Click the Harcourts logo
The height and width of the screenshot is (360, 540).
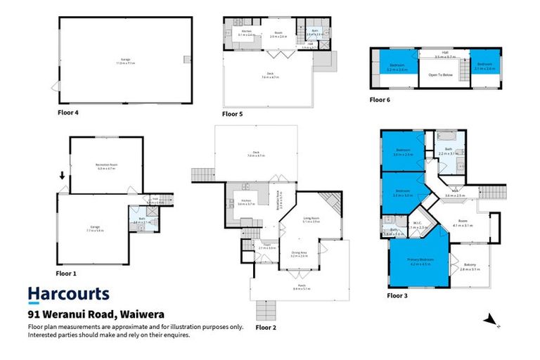pyautogui.click(x=68, y=294)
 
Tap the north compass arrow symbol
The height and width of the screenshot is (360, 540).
pyautogui.click(x=490, y=320)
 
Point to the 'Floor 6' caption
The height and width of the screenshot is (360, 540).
pyautogui.click(x=380, y=100)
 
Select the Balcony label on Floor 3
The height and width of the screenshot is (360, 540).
pyautogui.click(x=471, y=267)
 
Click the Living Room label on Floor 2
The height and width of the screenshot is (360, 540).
pyautogui.click(x=311, y=219)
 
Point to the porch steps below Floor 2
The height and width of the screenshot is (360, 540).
pyautogui.click(x=267, y=311)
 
